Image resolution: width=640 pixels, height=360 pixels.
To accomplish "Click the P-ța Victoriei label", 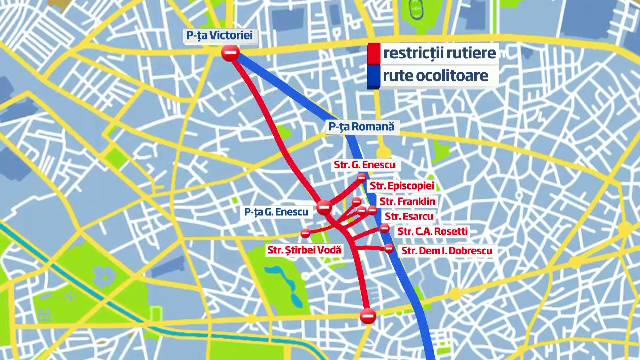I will (x=221, y=36).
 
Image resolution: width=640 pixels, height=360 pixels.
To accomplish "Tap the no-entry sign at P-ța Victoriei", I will (x=231, y=54).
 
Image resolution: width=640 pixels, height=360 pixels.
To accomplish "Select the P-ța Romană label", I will (x=362, y=127).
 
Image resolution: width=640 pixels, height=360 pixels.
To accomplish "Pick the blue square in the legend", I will (x=373, y=77).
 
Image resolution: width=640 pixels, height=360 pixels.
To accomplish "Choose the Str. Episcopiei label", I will (x=401, y=186).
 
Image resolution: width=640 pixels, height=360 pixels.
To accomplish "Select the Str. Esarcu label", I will (x=409, y=216).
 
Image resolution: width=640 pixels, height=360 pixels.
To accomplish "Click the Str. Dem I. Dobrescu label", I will (x=446, y=249).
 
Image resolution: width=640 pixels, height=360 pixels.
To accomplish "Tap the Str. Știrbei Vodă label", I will (x=304, y=249).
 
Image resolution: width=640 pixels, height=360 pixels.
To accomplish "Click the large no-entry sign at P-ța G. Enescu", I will (x=324, y=208).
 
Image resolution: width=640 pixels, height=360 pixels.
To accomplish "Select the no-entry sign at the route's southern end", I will (x=367, y=317).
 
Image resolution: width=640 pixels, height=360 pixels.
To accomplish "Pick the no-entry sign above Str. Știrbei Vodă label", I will (x=305, y=234).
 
